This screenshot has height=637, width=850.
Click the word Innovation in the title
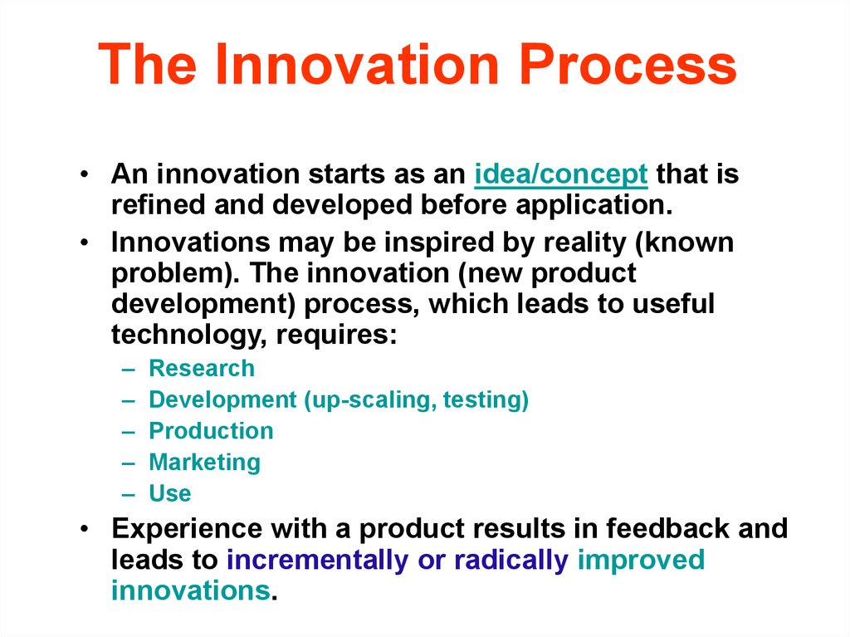pos(357,64)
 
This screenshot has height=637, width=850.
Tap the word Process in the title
pos(628,64)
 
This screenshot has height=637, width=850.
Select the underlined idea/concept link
pos(561,175)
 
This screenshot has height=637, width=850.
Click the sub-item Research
pos(202,368)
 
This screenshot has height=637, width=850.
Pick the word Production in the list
pos(211,431)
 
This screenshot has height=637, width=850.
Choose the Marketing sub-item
pos(205,463)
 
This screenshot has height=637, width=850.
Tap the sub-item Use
pos(170,494)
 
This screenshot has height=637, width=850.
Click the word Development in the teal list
pos(222,400)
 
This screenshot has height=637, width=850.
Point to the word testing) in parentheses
pos(486,400)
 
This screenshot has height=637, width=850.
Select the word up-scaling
pos(370,400)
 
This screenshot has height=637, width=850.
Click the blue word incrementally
pos(317,560)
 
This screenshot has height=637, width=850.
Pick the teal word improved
pos(641,560)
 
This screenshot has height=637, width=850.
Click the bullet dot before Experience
pos(84,528)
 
